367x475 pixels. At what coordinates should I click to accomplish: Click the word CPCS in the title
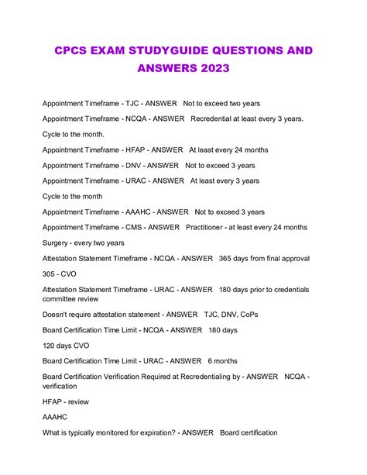(74, 50)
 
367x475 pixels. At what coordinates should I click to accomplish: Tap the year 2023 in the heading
(210, 69)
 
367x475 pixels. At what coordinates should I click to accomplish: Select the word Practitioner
(208, 227)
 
